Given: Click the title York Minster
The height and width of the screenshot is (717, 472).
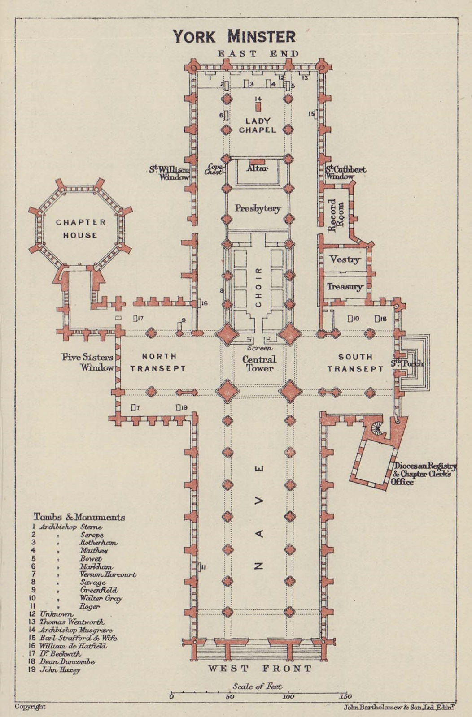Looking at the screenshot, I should click(x=234, y=36).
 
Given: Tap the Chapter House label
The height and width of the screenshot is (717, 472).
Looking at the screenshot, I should click(x=81, y=229).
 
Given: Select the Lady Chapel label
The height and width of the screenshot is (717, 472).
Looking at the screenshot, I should click(x=258, y=125).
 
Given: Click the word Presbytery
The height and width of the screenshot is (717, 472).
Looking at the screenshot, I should click(x=258, y=208).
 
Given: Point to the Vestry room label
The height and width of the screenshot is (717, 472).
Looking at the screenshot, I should click(x=345, y=259).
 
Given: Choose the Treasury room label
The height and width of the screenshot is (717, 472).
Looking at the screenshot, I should click(x=345, y=287).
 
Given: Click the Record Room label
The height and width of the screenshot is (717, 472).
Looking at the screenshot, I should click(x=336, y=217).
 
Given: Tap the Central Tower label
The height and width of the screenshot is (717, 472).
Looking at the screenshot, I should click(x=259, y=363).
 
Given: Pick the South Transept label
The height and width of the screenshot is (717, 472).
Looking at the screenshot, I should click(x=355, y=363).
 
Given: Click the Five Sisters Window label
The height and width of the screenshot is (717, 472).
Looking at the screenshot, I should click(x=88, y=363).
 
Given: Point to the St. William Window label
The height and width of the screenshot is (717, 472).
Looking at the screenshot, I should click(x=170, y=173).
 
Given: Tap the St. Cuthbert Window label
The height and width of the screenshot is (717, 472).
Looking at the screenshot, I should click(x=345, y=173).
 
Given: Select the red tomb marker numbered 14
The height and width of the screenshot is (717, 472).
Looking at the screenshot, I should click(x=258, y=107).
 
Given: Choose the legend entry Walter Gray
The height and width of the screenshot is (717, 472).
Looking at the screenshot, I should click(x=101, y=598).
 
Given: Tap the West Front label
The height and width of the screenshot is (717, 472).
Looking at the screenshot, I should click(x=259, y=669).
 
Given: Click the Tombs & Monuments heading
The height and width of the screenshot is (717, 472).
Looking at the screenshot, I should click(x=79, y=517).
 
